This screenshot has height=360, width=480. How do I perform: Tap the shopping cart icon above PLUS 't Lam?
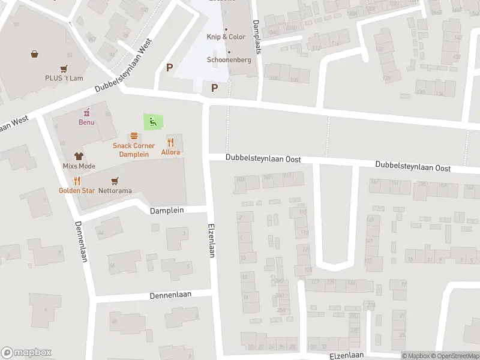(63, 68)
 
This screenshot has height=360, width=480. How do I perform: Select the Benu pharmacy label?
(86, 122)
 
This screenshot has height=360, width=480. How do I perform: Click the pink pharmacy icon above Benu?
(87, 112)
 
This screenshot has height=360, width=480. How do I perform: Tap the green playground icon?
(152, 122)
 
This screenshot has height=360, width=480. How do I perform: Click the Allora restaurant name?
(170, 152)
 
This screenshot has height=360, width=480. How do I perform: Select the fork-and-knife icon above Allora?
(171, 142)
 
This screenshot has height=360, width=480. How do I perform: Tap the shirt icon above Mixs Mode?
(79, 156)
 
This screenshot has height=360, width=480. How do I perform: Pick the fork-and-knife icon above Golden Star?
(77, 181)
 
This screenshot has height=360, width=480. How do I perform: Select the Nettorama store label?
(115, 190)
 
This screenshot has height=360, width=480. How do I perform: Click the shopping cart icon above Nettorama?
(115, 181)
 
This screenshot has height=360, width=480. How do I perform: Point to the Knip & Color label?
(226, 37)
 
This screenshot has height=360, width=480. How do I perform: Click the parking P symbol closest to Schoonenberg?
(214, 88)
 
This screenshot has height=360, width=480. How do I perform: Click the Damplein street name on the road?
(166, 211)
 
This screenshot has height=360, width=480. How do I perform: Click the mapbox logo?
(26, 353)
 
